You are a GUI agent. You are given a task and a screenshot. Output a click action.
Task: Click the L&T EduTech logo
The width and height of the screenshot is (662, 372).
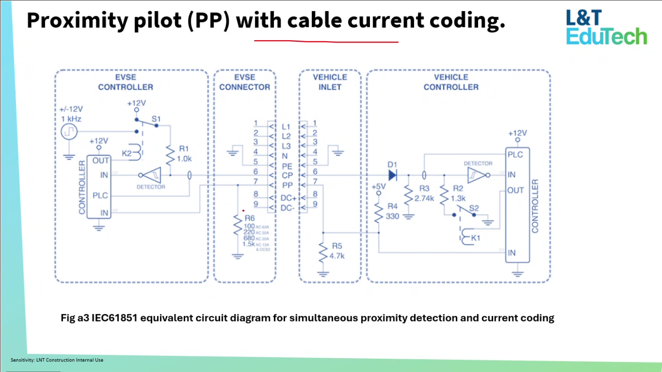[606, 28]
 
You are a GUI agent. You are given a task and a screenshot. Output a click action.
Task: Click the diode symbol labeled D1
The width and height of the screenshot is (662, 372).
[392, 175]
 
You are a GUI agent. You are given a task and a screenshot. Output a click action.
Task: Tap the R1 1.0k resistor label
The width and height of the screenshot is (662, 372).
[184, 154]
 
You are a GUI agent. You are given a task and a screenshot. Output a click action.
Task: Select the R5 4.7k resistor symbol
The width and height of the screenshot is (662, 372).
[323, 252]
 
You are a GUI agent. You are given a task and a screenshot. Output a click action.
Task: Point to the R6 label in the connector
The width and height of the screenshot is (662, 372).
[250, 218]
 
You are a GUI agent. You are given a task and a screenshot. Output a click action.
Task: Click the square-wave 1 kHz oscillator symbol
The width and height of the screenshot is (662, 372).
[69, 132]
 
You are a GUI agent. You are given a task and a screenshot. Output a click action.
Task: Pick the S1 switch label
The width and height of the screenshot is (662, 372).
[156, 119]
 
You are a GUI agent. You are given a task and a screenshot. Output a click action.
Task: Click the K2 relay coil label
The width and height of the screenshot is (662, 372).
[126, 153]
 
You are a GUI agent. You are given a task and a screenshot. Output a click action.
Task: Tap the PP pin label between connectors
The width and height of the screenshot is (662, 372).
[287, 185]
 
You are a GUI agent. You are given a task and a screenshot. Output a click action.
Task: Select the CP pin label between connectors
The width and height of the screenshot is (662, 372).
[287, 175]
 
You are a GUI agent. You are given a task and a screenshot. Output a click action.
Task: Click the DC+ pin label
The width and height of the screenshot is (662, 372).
[288, 198]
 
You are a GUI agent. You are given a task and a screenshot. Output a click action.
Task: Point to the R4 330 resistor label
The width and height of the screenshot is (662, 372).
[392, 212]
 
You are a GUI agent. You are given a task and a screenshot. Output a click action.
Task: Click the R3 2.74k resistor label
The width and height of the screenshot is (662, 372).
[424, 194]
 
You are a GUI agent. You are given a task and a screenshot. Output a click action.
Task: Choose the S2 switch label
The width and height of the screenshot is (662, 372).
[474, 208]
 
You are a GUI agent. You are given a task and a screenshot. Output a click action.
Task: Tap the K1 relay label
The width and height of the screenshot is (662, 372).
[475, 238]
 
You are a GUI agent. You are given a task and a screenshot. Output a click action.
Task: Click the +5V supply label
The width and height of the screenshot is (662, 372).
[379, 187]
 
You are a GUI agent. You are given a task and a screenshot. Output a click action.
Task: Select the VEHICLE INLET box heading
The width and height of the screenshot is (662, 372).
[330, 82]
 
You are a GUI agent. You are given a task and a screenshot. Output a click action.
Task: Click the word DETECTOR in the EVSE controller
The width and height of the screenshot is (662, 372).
[150, 187]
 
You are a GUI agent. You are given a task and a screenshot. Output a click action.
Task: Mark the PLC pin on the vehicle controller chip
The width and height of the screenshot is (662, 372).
[515, 154]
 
